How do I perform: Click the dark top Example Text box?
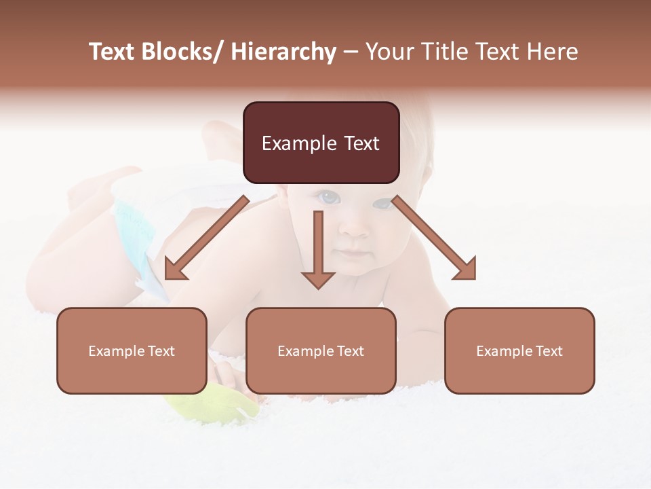[x=321, y=143]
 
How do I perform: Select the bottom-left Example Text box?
[x=132, y=350]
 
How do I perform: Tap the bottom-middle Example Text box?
[x=321, y=350]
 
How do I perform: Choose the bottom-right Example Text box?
[x=519, y=350]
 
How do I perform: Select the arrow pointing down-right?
[x=434, y=238]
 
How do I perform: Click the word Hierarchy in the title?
[x=283, y=52]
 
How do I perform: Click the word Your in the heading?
[x=390, y=52]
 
